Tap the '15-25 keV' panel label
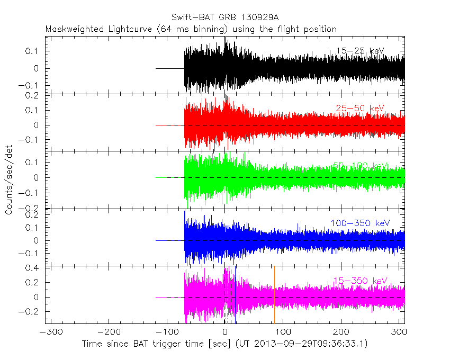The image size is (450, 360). (360, 51)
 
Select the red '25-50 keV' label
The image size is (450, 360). (360, 109)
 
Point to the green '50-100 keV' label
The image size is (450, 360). (360, 166)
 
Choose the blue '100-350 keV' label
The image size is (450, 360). (360, 223)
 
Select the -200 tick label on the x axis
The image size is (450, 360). (109, 332)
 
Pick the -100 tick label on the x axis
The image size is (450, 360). (167, 332)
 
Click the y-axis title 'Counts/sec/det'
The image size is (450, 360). (10, 180)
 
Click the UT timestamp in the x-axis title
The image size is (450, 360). (301, 344)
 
